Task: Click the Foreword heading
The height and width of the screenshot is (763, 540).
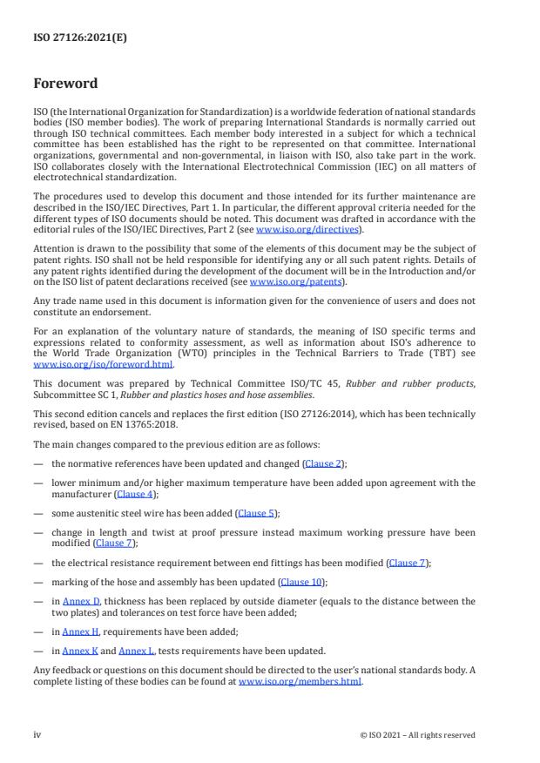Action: (x=66, y=84)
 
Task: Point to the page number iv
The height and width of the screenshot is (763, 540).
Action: (x=37, y=734)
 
